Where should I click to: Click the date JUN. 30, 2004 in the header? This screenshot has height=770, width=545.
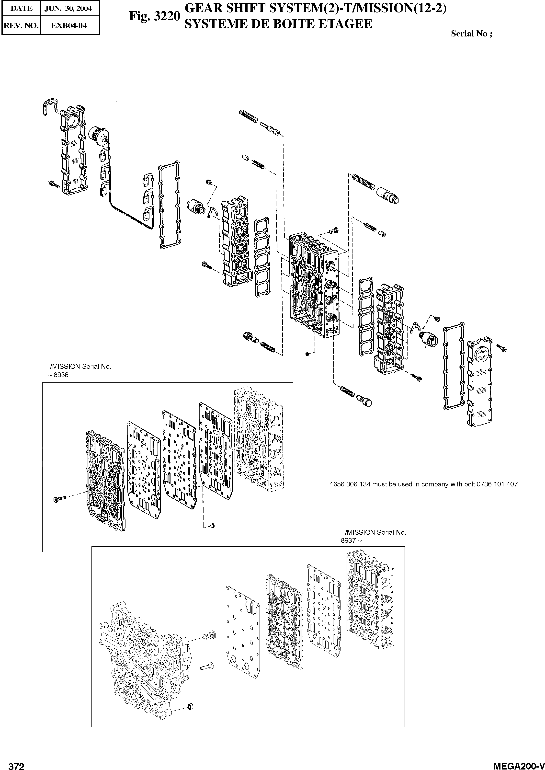tap(70, 8)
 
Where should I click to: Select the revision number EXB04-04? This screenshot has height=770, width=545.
tap(70, 25)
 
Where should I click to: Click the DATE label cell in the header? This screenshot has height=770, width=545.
tap(21, 8)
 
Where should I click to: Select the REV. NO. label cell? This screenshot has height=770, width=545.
tap(21, 25)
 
